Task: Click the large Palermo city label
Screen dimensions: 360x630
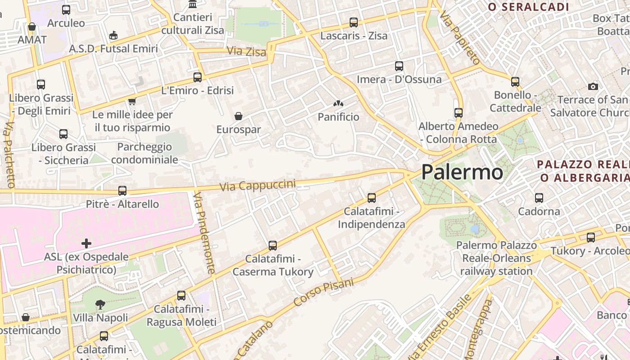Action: point(462,172)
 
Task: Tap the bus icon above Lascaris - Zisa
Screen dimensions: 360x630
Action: point(354,22)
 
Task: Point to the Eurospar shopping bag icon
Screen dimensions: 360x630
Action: point(238,116)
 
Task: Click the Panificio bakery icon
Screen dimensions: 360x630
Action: point(338,104)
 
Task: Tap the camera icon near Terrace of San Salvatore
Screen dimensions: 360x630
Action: point(593,86)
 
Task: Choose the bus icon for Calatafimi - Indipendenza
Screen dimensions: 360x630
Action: point(372,198)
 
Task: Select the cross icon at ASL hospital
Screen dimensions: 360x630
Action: point(86,244)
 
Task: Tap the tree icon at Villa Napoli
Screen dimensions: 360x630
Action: point(100,305)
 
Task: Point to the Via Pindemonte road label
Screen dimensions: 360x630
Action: point(204,233)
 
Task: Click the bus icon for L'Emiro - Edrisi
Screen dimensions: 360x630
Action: point(198,77)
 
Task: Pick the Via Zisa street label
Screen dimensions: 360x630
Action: point(247,51)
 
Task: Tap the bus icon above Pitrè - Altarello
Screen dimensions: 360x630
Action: point(122,190)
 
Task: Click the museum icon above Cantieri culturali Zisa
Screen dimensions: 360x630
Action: point(193,4)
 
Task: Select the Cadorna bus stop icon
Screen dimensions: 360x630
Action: point(539,198)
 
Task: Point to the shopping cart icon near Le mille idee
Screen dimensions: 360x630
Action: point(132,101)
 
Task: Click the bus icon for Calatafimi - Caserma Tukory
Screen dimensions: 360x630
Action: point(273,245)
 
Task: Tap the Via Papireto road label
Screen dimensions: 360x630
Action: point(460,38)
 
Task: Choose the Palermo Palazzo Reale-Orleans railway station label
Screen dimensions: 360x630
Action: point(496,258)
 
